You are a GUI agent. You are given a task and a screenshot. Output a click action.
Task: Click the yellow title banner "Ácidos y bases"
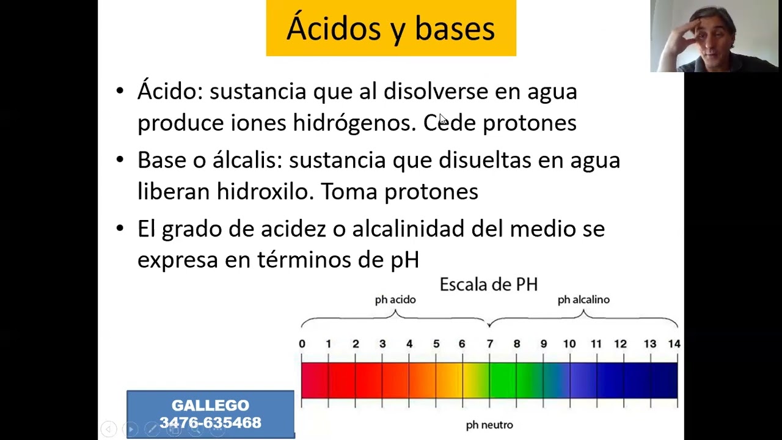point(391,28)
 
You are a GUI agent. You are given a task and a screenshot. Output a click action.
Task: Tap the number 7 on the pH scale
point(490,344)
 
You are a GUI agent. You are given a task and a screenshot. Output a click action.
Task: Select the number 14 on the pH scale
point(674,344)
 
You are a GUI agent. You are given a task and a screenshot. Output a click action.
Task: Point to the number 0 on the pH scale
point(302,344)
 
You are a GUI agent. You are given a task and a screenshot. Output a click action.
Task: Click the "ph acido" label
point(395,300)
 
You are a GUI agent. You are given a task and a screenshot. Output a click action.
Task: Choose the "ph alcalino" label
point(583,300)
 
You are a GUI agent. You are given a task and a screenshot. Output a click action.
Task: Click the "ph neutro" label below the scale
point(489,425)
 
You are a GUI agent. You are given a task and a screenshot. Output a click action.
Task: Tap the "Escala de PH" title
point(488,284)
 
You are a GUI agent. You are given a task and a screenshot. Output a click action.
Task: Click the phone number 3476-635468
point(210,422)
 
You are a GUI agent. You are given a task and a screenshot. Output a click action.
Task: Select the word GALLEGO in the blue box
point(210,405)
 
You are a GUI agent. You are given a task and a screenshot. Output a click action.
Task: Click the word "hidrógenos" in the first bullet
point(355,123)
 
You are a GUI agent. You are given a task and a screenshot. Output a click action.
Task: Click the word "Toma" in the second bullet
point(349,191)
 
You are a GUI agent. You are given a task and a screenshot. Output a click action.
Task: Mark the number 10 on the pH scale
point(569,344)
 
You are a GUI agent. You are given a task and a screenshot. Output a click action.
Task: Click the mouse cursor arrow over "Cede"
point(443,119)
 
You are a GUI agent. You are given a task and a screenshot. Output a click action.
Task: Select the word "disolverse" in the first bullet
point(436,91)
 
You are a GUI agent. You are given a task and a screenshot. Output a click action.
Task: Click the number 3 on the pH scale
point(382,344)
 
